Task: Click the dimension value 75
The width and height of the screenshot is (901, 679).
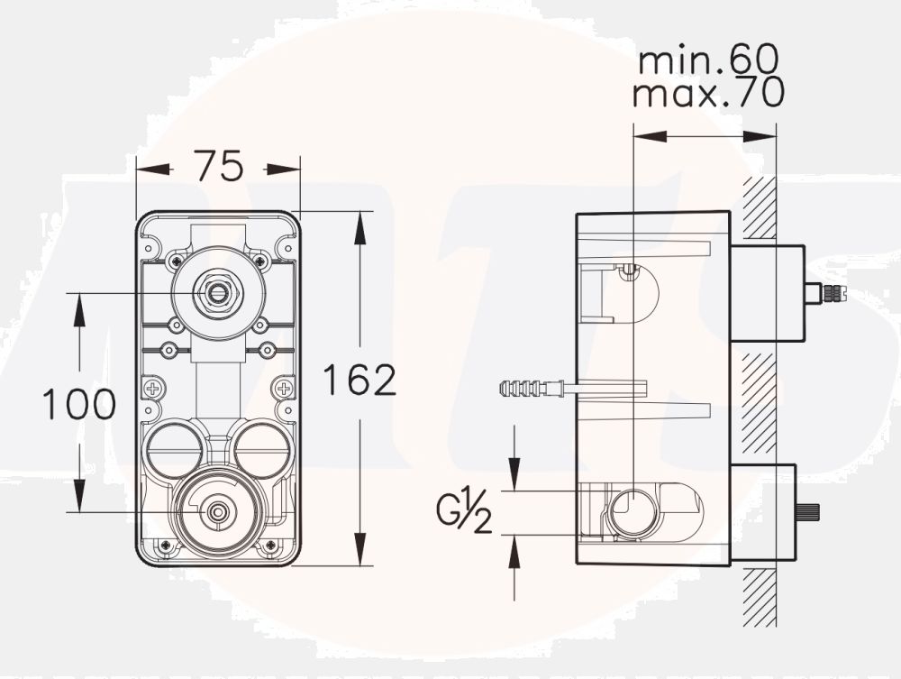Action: pyautogui.click(x=219, y=166)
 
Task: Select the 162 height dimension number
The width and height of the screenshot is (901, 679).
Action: pyautogui.click(x=360, y=381)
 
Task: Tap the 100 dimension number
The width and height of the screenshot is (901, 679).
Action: pyautogui.click(x=79, y=404)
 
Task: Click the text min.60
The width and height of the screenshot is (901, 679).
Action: pyautogui.click(x=707, y=61)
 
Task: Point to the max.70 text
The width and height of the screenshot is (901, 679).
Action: pyautogui.click(x=707, y=93)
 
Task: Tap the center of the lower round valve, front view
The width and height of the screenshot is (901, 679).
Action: pyautogui.click(x=216, y=511)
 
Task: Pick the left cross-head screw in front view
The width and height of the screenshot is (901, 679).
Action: pyautogui.click(x=153, y=390)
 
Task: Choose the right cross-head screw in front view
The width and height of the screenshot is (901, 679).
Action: pyautogui.click(x=285, y=390)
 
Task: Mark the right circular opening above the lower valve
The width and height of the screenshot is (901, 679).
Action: pyautogui.click(x=262, y=448)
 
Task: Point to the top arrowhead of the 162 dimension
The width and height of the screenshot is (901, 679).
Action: pyautogui.click(x=360, y=225)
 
